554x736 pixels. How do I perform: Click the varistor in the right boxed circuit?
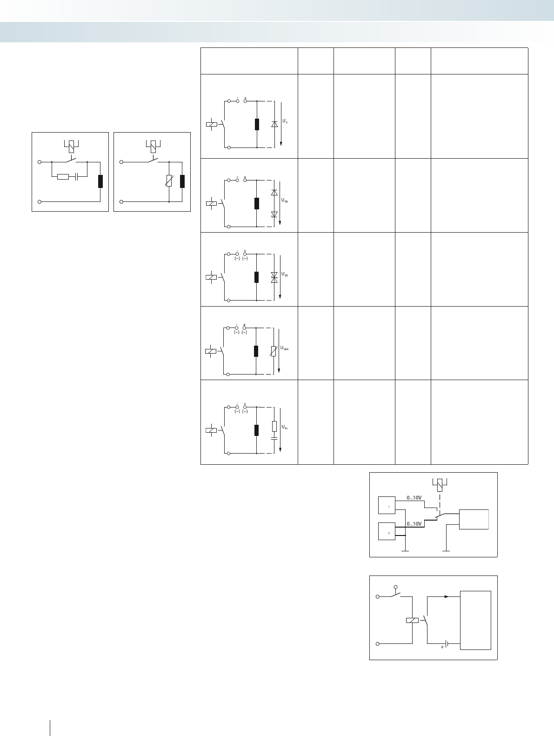169,181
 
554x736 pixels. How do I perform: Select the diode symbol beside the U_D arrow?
274,124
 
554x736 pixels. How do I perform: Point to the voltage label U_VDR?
285,348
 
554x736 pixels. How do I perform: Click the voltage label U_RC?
285,427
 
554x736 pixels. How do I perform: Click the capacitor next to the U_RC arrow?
274,438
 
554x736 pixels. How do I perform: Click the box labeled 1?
387,506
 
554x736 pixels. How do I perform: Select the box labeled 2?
387,532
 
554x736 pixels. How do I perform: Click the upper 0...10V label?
414,498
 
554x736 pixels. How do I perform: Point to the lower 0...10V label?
414,524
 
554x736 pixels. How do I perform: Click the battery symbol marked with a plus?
446,644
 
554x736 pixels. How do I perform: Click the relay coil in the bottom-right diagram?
412,620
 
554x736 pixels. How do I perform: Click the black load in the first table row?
257,124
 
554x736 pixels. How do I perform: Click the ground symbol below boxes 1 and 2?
405,551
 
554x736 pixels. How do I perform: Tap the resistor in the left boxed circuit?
63,177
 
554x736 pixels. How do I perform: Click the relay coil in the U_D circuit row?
211,124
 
